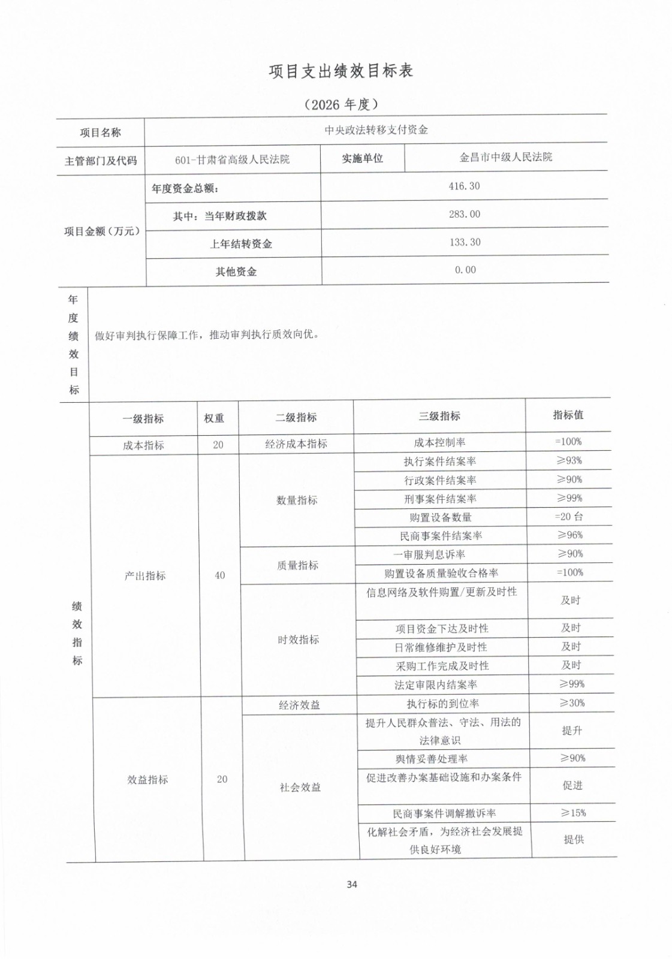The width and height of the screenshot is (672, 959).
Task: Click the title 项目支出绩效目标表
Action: coord(340,71)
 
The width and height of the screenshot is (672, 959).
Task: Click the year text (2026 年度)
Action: coord(341,104)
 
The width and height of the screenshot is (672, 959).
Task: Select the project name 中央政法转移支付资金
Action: coord(376,129)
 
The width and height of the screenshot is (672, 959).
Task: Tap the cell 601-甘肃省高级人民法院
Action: coord(232,159)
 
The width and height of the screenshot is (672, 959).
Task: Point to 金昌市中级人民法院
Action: coord(505,157)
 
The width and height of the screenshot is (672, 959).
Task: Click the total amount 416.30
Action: coord(464,186)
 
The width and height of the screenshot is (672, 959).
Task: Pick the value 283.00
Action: coord(465,214)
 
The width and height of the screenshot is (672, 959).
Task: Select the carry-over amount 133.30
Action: coord(465,242)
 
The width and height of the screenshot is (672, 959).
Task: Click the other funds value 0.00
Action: coord(465,270)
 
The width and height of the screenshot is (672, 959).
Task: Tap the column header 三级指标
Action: coord(439,416)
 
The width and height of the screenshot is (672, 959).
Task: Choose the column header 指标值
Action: coord(568,414)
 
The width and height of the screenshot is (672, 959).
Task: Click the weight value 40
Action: coord(220,575)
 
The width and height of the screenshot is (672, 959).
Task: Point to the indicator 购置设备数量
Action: coord(441,517)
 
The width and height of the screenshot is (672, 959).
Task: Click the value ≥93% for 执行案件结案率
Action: coord(569,460)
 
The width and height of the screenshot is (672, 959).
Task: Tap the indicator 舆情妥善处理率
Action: coord(432,759)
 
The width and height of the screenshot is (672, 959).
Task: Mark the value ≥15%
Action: coord(573,813)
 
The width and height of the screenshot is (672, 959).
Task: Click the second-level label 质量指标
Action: coord(297,565)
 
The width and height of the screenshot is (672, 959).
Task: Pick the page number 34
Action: coord(352,884)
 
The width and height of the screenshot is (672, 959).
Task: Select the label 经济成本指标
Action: coord(296,444)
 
